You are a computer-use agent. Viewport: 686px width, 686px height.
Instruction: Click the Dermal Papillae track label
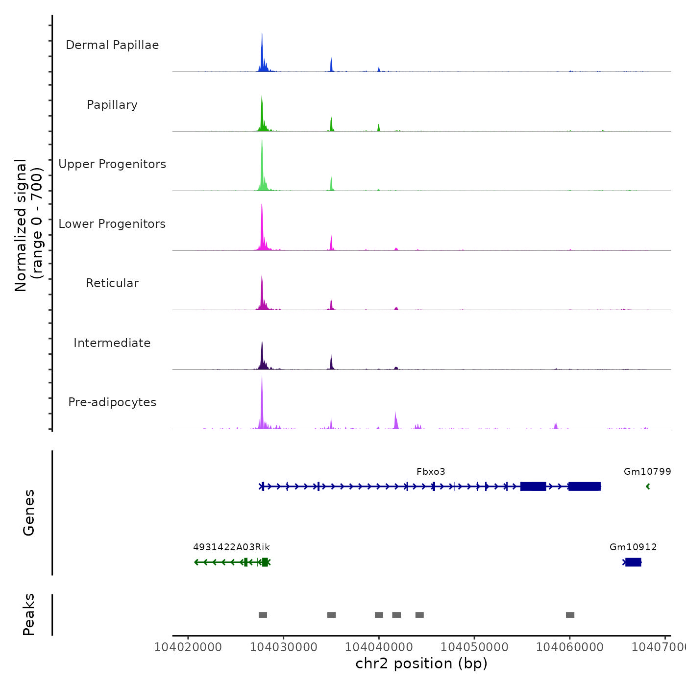tap(112, 45)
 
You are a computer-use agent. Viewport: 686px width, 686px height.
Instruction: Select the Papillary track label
tap(112, 105)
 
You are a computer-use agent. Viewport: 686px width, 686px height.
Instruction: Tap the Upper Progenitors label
tap(112, 164)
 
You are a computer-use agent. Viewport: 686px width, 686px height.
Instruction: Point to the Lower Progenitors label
tap(112, 224)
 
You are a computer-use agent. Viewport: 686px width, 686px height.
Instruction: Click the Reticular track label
tap(112, 283)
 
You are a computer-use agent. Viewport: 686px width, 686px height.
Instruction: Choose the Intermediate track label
tap(112, 343)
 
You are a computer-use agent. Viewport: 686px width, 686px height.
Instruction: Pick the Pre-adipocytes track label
tap(112, 402)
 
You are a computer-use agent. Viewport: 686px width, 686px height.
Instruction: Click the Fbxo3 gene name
tap(431, 472)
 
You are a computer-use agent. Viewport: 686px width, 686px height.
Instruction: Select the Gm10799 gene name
tap(647, 472)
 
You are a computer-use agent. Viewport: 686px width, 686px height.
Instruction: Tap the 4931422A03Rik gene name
tap(231, 547)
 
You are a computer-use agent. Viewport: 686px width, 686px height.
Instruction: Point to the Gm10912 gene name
tap(633, 547)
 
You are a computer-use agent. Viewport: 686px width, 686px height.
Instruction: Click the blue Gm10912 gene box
tap(633, 562)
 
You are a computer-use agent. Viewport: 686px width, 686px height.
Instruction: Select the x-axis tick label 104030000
tap(284, 647)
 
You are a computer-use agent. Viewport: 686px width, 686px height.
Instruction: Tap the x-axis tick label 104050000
tap(474, 647)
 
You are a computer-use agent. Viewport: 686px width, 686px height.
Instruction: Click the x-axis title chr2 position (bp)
tap(421, 664)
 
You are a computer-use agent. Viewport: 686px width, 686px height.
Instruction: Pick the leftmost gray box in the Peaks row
tap(263, 615)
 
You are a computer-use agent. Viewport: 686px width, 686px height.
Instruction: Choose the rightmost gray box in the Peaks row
tap(570, 615)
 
